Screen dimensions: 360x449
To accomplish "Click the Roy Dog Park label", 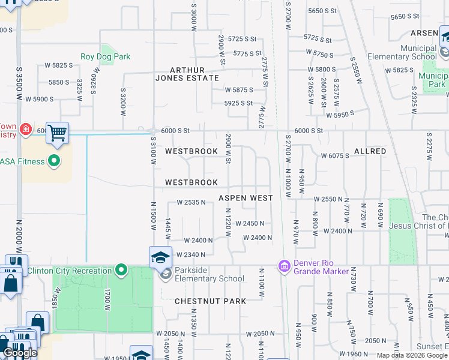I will (x=105, y=57).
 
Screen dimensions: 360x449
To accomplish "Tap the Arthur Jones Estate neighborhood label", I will (x=187, y=74).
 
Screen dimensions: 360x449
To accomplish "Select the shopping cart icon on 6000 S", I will (x=57, y=133).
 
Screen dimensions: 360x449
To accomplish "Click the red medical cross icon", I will (x=25, y=129).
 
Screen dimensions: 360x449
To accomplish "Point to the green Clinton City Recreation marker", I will (x=121, y=271).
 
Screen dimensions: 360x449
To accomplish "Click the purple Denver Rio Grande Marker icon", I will (x=285, y=265).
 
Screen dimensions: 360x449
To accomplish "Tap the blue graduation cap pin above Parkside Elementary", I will (x=160, y=257).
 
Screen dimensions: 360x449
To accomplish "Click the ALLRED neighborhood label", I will (x=370, y=151).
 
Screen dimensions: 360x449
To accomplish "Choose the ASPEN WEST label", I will (x=246, y=198).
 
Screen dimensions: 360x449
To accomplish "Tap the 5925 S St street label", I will (x=238, y=103).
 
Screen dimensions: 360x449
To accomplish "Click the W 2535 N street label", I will (x=191, y=203).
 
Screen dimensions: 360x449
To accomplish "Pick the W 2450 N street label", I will (x=250, y=223).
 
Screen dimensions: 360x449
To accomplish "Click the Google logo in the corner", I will (x=20, y=353).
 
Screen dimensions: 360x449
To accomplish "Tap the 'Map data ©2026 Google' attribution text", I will (x=412, y=355).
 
